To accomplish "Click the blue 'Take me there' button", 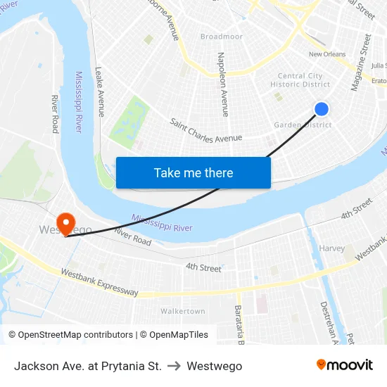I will click(x=193, y=172).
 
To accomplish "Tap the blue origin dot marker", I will click(x=322, y=108).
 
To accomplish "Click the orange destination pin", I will click(x=65, y=224).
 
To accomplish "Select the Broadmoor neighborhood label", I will click(x=221, y=37).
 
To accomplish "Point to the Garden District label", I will click(x=302, y=125).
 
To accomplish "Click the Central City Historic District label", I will click(x=300, y=80).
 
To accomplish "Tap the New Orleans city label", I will click(x=327, y=54).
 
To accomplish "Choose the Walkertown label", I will click(x=182, y=311).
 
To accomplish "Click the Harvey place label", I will click(x=332, y=248).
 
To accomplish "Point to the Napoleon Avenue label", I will click(x=222, y=84).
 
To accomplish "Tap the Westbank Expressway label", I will click(x=99, y=282).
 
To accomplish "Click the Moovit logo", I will click(x=345, y=365).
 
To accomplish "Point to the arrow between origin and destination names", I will click(x=174, y=366).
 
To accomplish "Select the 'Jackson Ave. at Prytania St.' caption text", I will click(x=88, y=366).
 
